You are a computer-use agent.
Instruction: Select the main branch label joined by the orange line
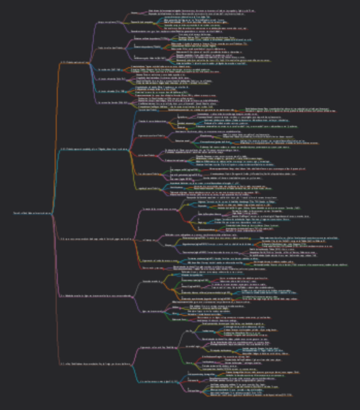pos(74,62)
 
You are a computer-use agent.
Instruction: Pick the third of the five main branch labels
pos(97,239)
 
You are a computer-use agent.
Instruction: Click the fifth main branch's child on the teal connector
pos(155,382)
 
